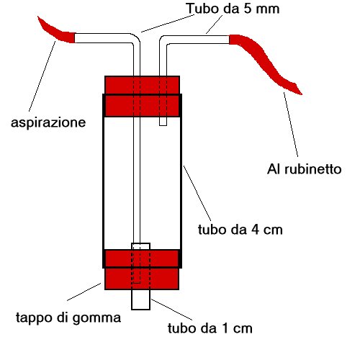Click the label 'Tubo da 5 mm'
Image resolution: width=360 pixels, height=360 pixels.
(x=233, y=9)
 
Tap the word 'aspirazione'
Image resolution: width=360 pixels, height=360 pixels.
(x=48, y=123)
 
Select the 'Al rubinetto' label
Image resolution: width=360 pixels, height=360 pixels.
(x=305, y=169)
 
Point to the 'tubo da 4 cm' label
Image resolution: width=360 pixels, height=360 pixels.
(x=240, y=230)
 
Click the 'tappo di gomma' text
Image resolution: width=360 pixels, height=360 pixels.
(x=68, y=318)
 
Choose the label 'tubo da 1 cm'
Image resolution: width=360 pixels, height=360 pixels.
(x=210, y=328)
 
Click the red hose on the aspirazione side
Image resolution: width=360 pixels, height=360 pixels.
(x=56, y=31)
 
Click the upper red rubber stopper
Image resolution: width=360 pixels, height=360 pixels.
(x=142, y=96)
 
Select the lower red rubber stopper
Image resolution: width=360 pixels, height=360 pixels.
(x=142, y=269)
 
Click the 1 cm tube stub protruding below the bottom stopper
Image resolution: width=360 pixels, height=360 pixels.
(x=141, y=300)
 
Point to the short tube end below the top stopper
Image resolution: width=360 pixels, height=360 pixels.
(x=163, y=121)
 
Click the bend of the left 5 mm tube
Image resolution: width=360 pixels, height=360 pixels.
(x=135, y=38)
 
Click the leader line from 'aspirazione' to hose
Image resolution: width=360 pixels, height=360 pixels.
(x=42, y=76)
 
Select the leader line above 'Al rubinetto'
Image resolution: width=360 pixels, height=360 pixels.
(x=291, y=125)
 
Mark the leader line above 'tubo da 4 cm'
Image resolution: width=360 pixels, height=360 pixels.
(x=197, y=194)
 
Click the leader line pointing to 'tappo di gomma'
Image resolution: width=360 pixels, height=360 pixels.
(x=84, y=292)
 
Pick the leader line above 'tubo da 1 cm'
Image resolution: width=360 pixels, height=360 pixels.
(x=171, y=310)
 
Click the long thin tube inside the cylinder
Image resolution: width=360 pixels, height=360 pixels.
(x=137, y=180)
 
